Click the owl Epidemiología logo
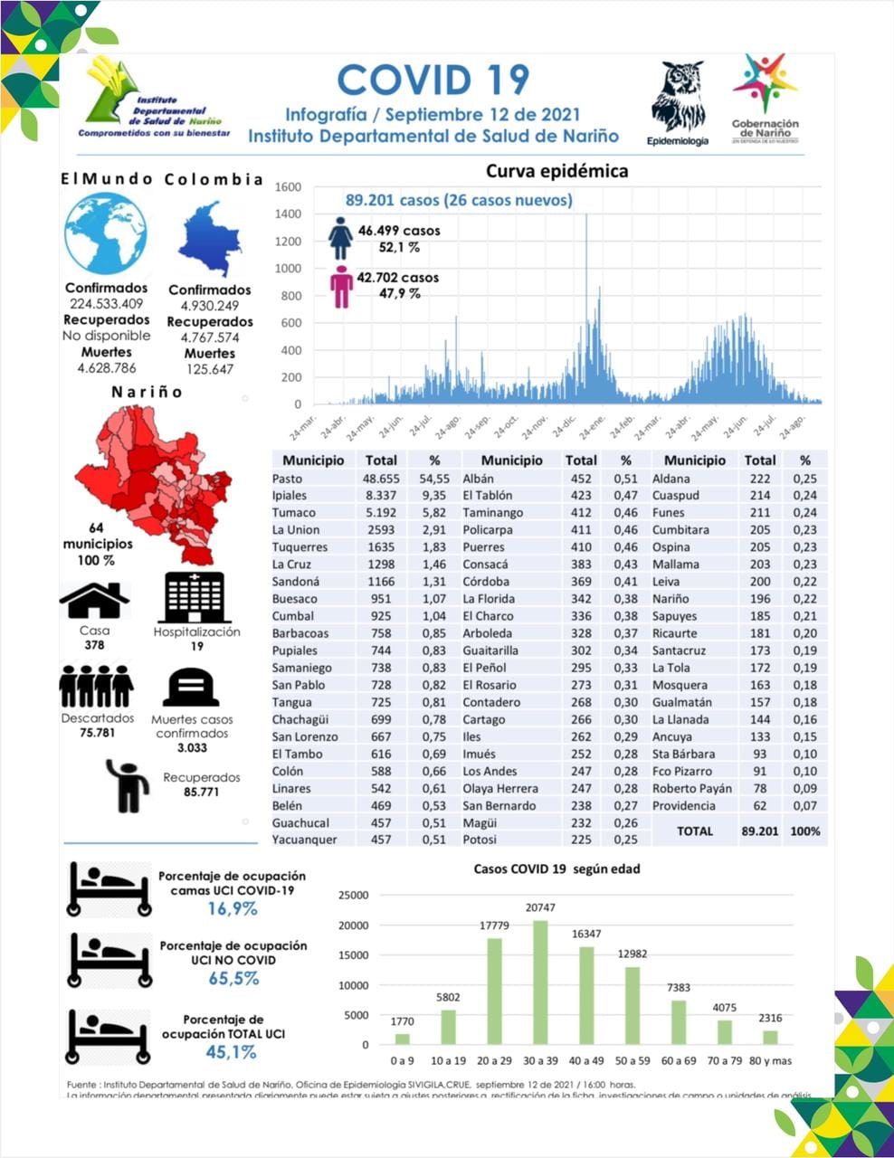[678, 96]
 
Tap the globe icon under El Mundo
[106, 233]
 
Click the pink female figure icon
[341, 287]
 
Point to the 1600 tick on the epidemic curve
[288, 187]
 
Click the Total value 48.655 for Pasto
[381, 479]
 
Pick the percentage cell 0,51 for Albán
[625, 479]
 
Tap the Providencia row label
[683, 805]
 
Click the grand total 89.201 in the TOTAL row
[759, 831]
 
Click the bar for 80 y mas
[770, 1037]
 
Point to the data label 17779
[494, 925]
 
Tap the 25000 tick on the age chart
[353, 896]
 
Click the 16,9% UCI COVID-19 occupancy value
[233, 908]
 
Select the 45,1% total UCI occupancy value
[231, 1051]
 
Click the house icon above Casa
[94, 601]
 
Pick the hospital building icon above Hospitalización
[195, 597]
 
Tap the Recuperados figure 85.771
[201, 792]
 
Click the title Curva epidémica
[556, 171]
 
